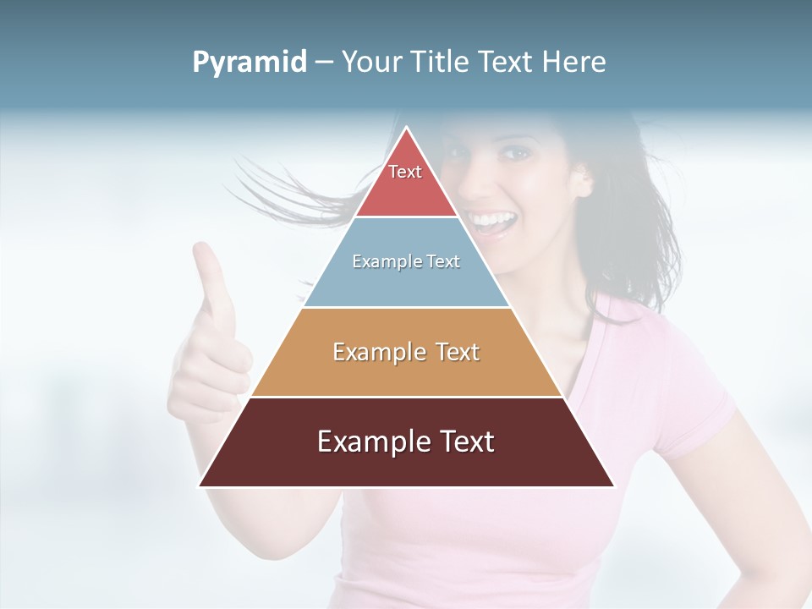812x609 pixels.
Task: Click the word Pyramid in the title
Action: [249, 63]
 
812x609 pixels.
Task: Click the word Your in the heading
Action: [373, 62]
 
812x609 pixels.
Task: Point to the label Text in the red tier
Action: [405, 172]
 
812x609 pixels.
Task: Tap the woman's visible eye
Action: [512, 153]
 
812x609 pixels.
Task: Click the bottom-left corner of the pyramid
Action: [200, 486]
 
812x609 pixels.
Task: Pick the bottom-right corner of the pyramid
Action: [614, 486]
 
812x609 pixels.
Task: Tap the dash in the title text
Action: [323, 63]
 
